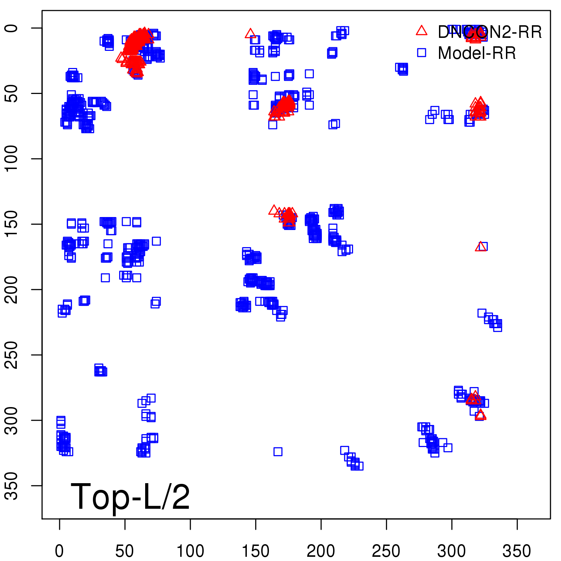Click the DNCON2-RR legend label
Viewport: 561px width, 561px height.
point(489,32)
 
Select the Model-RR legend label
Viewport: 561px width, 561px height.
point(476,53)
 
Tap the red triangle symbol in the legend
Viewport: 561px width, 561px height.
point(421,31)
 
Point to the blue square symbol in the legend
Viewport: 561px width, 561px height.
point(421,53)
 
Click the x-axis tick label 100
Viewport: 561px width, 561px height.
point(190,551)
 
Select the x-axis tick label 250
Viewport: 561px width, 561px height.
point(386,551)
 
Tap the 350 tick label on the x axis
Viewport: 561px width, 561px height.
point(517,551)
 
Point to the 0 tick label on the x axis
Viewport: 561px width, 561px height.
point(59,551)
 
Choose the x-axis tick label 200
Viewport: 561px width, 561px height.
point(321,551)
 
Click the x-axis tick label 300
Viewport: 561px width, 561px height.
point(452,551)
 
